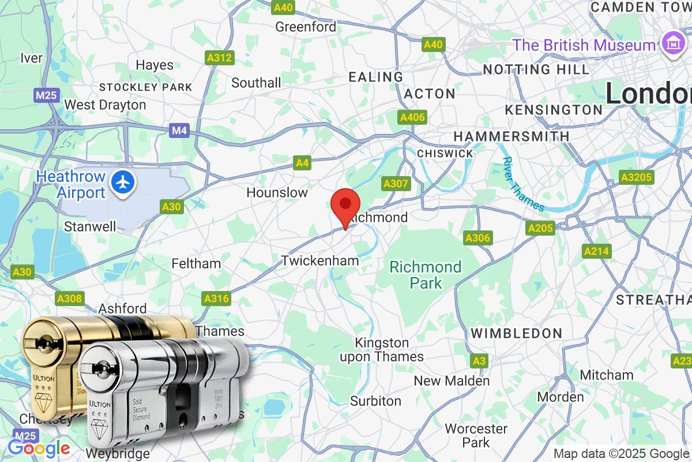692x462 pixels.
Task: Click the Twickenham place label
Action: click(320, 261)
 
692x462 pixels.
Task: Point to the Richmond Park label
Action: click(426, 275)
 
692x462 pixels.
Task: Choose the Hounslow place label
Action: click(277, 192)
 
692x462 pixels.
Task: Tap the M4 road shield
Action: click(179, 131)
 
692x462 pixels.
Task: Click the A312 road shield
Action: click(219, 57)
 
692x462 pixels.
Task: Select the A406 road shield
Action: click(412, 118)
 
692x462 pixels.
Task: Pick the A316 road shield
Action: click(216, 299)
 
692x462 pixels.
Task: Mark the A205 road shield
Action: click(540, 229)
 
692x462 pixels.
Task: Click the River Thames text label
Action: click(522, 184)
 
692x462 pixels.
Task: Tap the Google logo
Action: click(39, 448)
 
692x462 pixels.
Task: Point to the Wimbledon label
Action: click(516, 333)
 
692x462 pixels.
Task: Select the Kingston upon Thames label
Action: click(382, 350)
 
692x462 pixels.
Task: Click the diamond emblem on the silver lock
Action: click(101, 424)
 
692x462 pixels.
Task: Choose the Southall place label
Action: click(256, 83)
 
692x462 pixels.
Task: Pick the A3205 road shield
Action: click(637, 177)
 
